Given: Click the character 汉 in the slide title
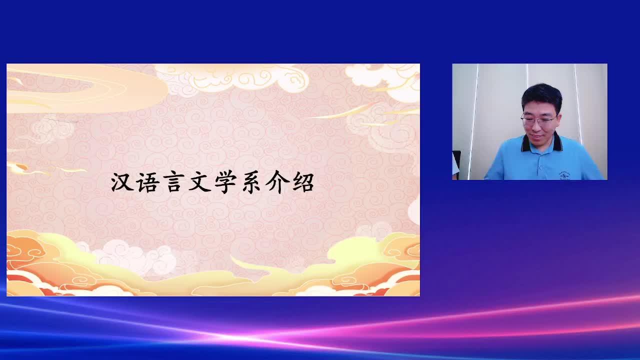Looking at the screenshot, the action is click(x=122, y=182).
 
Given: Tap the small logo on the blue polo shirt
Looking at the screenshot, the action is click(x=564, y=175).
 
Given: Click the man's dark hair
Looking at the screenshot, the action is click(x=541, y=95).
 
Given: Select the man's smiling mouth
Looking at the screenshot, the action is click(x=535, y=136).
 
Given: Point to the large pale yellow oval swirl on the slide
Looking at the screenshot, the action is click(x=85, y=87).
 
